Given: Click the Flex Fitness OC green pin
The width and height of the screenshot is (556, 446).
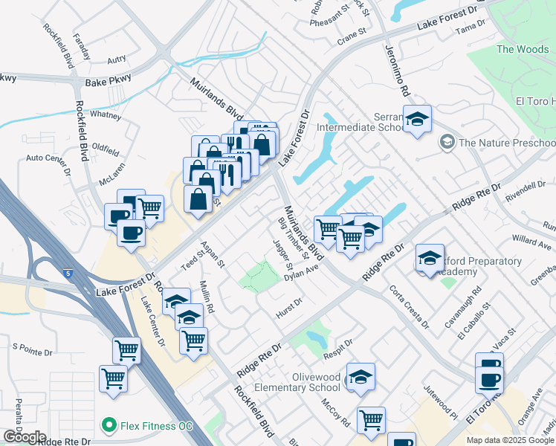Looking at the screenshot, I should (109, 426).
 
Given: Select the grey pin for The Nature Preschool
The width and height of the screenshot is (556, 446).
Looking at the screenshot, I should (447, 141).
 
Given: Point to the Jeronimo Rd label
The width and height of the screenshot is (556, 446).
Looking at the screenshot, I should (398, 71).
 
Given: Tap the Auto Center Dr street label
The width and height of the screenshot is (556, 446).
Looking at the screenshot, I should (47, 158).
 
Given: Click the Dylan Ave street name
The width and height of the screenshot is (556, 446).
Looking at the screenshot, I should (300, 276).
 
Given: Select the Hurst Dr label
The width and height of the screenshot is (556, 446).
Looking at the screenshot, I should (289, 304).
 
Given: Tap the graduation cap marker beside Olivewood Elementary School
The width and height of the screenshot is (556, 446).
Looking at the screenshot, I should (361, 377).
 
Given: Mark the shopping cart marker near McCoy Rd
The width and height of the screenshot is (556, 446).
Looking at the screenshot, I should (371, 420).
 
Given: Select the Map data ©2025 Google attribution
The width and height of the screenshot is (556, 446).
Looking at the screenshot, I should (510, 440).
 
